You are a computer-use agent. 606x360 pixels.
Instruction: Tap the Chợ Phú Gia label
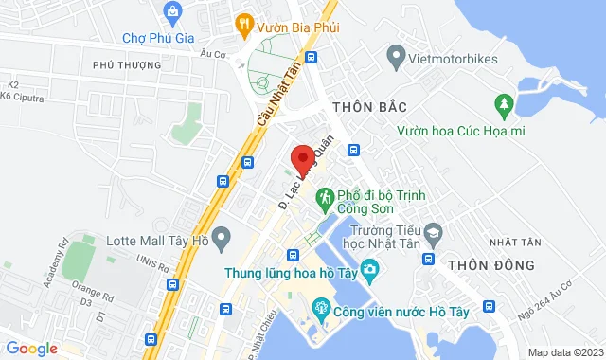point(156,38)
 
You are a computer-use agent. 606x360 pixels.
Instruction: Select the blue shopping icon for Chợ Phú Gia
point(172,13)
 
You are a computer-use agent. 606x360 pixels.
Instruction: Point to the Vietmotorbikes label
point(454,59)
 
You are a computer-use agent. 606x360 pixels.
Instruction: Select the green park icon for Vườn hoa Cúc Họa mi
point(502,103)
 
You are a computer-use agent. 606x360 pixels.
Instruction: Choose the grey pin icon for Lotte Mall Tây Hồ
point(223,236)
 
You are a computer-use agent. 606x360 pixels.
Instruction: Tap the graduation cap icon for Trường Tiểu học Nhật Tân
point(433,230)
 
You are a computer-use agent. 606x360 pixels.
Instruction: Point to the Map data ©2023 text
point(563,352)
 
